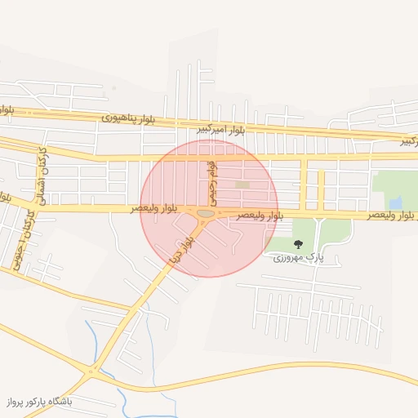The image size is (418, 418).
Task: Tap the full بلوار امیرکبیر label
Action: point(221,130)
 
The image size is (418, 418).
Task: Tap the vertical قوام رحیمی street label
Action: point(212,182)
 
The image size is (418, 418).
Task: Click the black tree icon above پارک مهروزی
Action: point(297,244)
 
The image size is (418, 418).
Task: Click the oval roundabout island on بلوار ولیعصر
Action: point(207,214)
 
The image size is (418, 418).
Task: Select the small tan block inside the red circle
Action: point(242,185)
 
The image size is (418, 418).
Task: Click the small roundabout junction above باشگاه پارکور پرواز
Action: point(91,372)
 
